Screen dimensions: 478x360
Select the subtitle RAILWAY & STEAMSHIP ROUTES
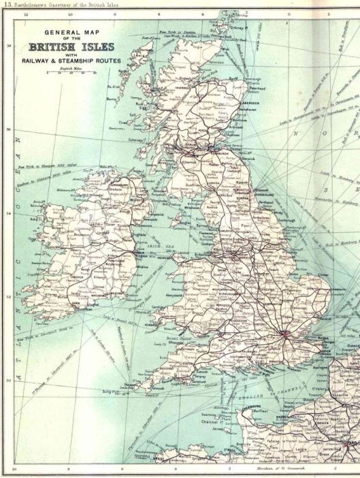click(71, 61)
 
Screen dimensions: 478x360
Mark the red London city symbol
click(287, 333)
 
